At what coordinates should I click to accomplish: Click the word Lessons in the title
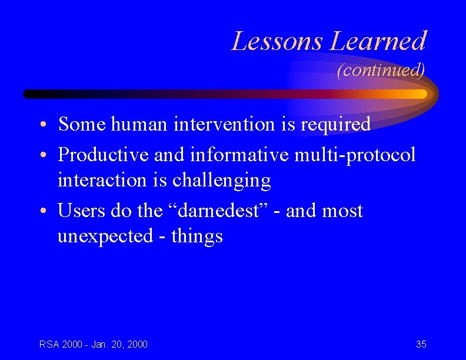[278, 41]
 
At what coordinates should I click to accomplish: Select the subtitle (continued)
[381, 71]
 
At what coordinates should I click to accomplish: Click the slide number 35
[421, 344]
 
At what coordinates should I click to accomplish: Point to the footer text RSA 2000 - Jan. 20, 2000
[94, 344]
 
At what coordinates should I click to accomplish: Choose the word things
[197, 236]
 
